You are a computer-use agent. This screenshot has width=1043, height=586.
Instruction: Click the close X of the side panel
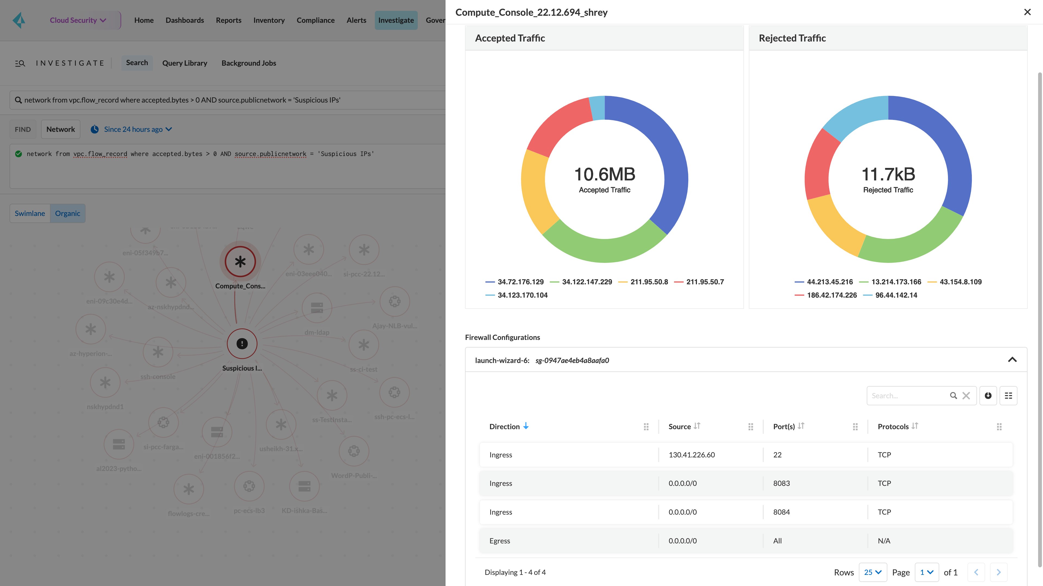point(1027,12)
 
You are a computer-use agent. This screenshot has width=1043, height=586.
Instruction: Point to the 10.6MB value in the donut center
point(605,174)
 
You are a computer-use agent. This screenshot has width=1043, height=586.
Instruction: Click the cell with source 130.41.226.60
point(692,455)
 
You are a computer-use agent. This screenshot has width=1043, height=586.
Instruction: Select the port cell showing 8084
point(781,512)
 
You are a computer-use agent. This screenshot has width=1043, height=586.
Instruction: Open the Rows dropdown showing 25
point(872,572)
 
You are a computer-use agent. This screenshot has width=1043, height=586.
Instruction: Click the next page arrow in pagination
point(998,572)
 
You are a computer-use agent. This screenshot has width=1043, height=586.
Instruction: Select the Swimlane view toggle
point(30,213)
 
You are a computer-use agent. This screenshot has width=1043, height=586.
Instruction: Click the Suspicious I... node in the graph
point(242,344)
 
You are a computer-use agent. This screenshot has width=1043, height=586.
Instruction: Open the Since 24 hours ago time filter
point(133,129)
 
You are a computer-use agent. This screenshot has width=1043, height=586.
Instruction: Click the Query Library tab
point(185,63)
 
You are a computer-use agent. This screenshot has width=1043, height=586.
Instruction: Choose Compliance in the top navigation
point(315,20)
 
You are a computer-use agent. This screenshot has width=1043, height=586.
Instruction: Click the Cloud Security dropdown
point(78,20)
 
